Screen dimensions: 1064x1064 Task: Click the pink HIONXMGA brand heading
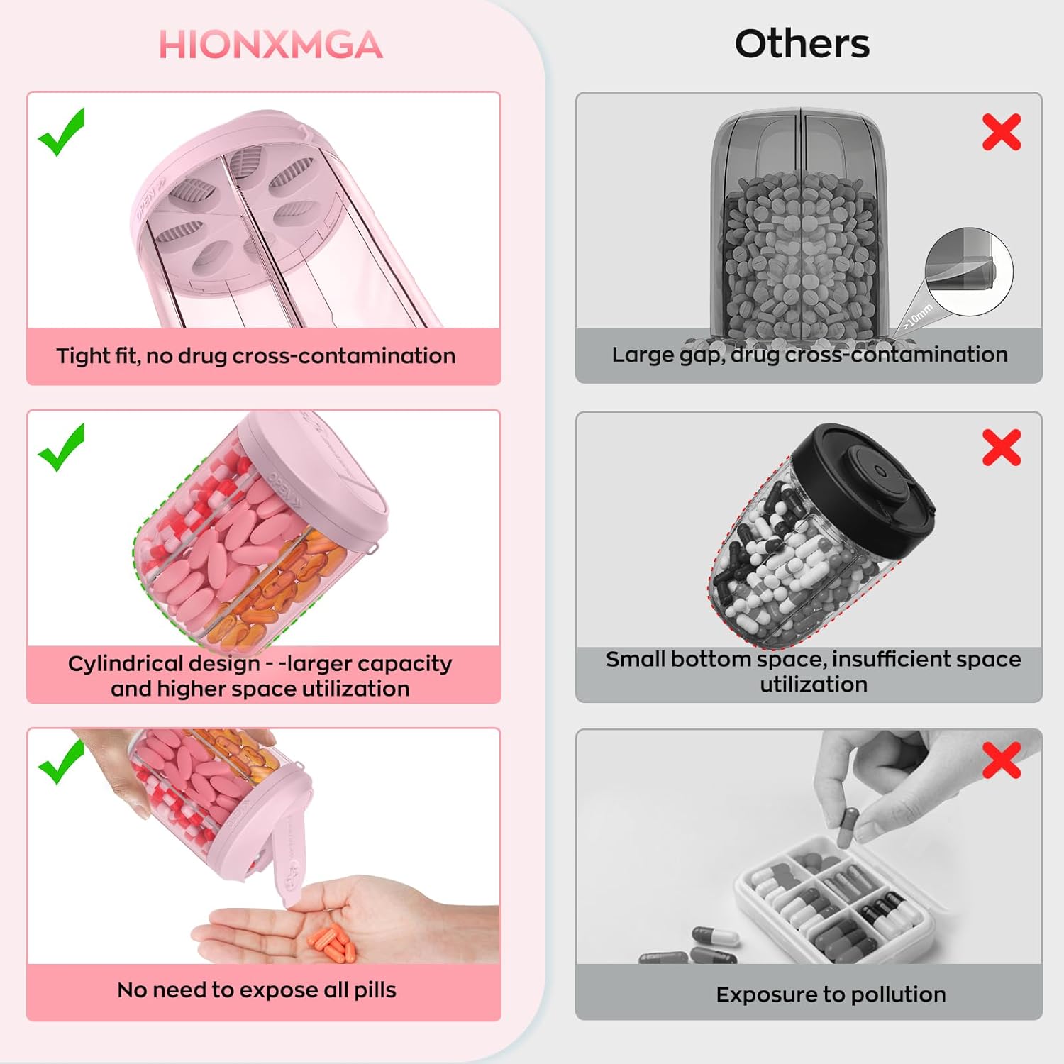pos(270,45)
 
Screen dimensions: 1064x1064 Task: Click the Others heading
pos(802,44)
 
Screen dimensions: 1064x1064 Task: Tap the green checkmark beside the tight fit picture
pos(62,133)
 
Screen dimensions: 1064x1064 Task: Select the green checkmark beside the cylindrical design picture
pos(62,448)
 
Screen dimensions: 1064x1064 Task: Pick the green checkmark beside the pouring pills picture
pos(62,762)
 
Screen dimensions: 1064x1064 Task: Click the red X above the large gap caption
pos(1001,132)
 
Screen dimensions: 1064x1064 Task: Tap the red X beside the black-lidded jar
pos(1001,448)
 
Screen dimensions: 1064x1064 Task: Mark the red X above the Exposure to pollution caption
pos(1001,760)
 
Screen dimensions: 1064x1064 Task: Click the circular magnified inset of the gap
pos(969,272)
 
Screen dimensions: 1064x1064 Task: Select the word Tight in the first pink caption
pos(83,355)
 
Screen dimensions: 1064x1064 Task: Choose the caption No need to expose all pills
pos(257,990)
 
